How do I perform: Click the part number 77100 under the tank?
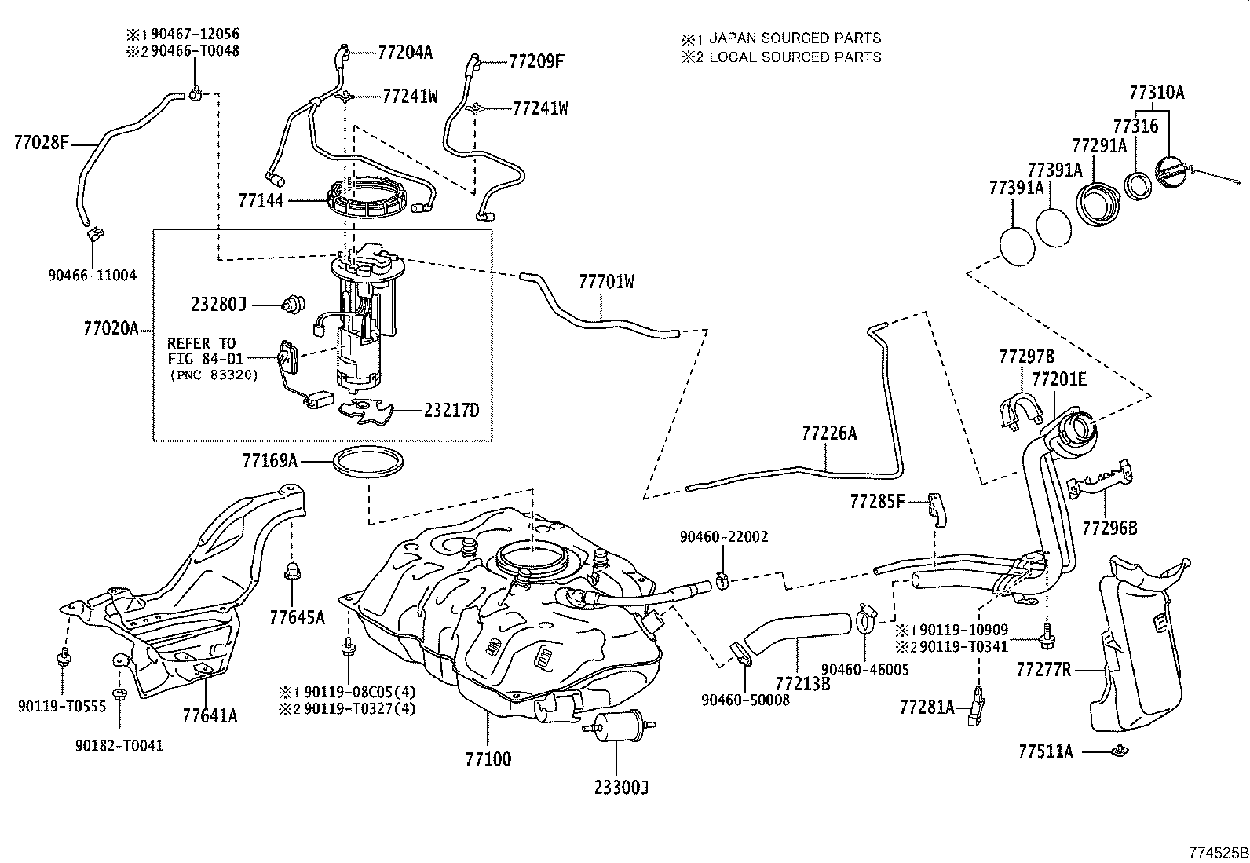point(488,759)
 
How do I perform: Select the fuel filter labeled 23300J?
point(618,726)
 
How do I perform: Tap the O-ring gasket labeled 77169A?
point(368,463)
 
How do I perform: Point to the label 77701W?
point(606,282)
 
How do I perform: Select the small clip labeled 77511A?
point(1120,751)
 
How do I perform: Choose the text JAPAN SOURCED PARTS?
point(795,38)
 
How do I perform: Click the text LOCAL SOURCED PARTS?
point(795,57)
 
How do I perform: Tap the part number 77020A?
point(111,328)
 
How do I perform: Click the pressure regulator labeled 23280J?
point(294,305)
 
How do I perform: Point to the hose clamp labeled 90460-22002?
point(722,584)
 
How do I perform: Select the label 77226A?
point(829,433)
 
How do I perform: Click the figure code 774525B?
point(1218,852)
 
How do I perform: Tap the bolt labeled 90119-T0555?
point(63,658)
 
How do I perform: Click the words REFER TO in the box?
point(202,342)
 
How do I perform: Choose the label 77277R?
point(1043,669)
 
